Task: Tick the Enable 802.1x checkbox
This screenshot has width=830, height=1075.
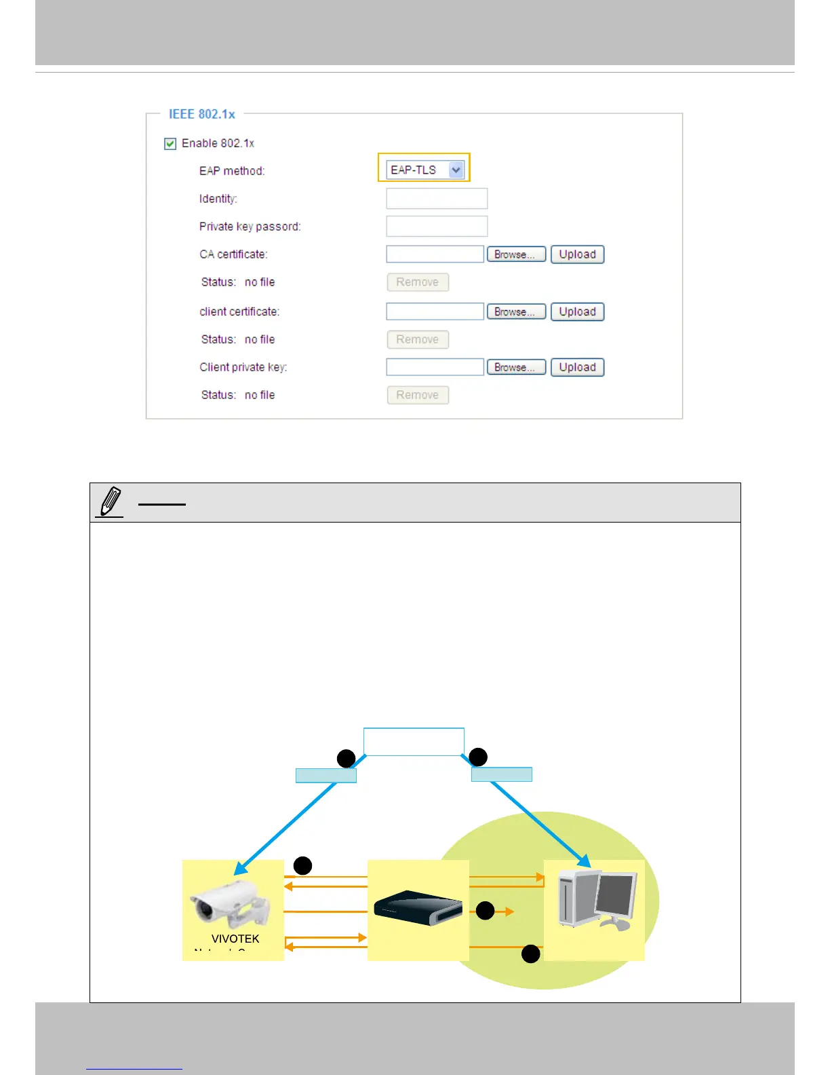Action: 170,144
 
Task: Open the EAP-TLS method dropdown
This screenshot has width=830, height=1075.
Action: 456,170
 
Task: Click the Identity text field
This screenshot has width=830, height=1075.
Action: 437,199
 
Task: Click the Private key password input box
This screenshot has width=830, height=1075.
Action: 437,227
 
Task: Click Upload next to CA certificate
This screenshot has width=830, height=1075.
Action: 577,254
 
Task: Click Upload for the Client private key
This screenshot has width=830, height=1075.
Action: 577,367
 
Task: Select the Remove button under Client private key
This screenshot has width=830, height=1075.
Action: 418,395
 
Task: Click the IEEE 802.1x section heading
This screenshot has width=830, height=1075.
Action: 202,114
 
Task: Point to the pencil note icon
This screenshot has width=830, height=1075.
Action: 111,502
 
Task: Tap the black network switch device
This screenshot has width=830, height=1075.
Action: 418,908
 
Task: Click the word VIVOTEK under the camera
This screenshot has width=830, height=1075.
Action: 235,939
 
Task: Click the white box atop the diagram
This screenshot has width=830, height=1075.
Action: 414,742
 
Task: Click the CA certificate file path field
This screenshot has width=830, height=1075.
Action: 435,254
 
